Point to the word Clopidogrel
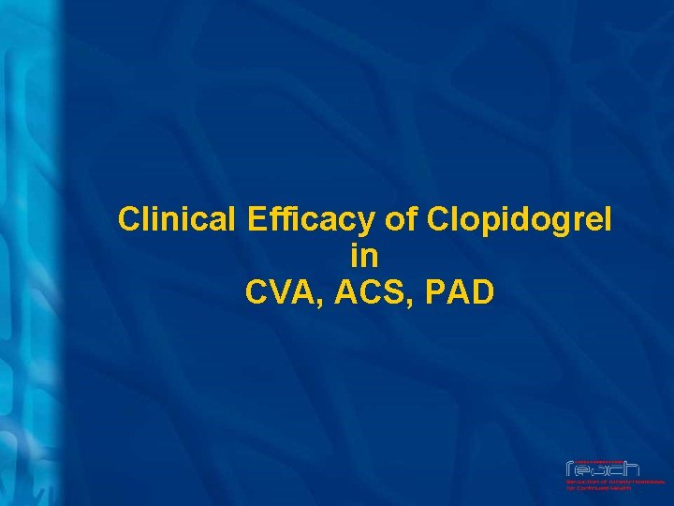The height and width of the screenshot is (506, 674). [520, 220]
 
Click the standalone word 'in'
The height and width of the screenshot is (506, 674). [364, 255]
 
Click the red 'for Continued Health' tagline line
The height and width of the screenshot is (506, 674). [598, 488]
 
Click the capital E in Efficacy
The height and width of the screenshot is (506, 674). [257, 220]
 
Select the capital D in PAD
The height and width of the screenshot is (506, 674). [482, 291]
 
